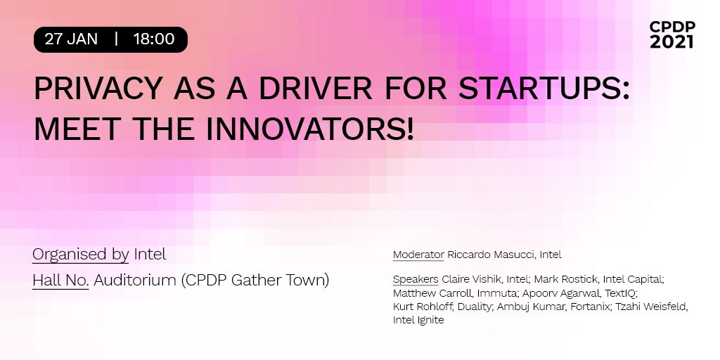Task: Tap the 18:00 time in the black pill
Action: click(153, 39)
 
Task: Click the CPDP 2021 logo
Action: click(671, 34)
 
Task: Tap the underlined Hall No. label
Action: click(60, 280)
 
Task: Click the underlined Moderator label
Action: click(418, 255)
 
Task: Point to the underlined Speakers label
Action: click(415, 279)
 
